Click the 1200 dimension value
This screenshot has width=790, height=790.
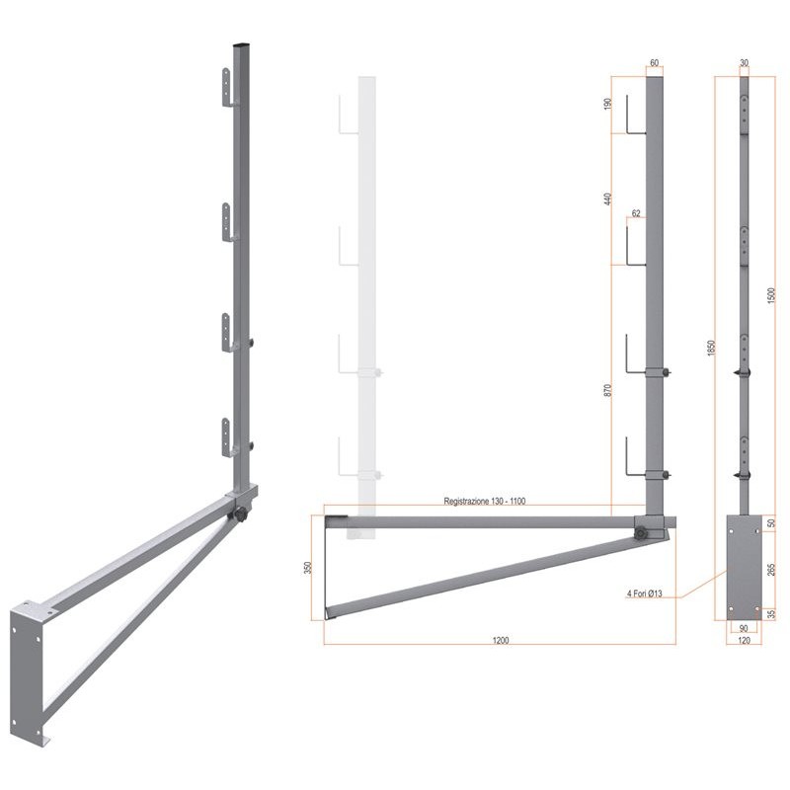[x=501, y=640]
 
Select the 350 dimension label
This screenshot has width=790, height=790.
[x=308, y=567]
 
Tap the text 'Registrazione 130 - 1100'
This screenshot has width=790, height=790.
[x=484, y=501]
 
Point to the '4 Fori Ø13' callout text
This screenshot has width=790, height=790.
[x=644, y=594]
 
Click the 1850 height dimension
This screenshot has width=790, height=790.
[x=711, y=349]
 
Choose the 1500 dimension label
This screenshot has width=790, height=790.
[x=770, y=295]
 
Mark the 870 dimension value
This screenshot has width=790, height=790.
[x=607, y=390]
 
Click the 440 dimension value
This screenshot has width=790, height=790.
[x=607, y=199]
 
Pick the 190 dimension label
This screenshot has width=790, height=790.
[x=607, y=104]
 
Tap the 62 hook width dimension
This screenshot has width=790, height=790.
[x=636, y=213]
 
